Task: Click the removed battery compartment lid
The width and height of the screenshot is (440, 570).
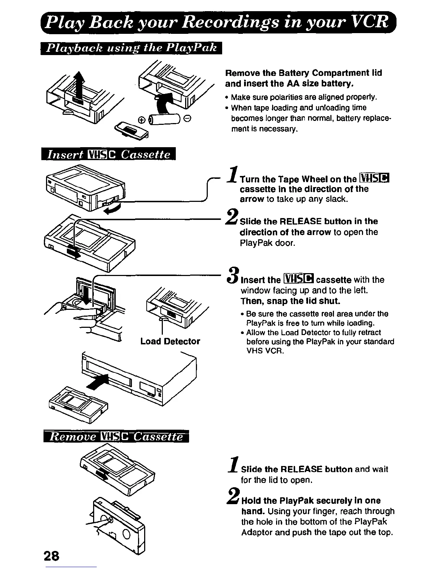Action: pos(131,131)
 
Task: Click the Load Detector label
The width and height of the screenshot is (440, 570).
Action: pos(170,341)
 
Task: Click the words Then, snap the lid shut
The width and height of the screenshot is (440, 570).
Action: pos(290,301)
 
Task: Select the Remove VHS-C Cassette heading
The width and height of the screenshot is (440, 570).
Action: pos(116,437)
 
